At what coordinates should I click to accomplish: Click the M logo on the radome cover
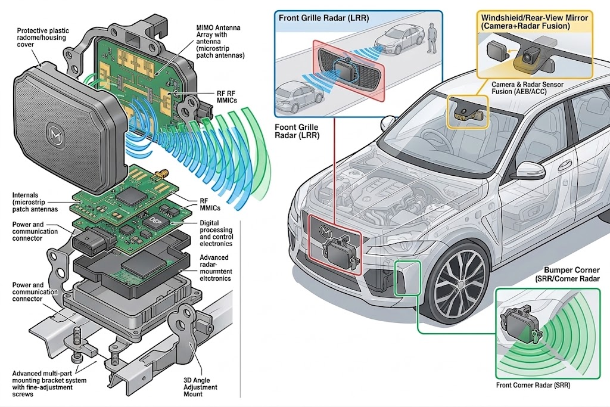(x=54, y=133)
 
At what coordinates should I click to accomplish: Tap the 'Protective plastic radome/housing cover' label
(x=43, y=38)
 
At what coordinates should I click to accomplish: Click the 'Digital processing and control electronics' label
(x=216, y=234)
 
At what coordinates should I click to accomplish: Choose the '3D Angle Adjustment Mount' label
(x=200, y=387)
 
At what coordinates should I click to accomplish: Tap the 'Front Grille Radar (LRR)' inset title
(x=323, y=18)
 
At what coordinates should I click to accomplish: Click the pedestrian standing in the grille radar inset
(x=431, y=38)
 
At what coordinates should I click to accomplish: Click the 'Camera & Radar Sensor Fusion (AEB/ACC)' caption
(x=527, y=88)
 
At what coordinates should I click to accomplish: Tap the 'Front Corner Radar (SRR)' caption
(x=533, y=385)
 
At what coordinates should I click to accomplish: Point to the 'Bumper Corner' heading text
(x=571, y=270)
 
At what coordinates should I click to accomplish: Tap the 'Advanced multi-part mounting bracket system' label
(x=49, y=383)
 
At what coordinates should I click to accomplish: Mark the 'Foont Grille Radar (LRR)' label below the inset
(x=297, y=131)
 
